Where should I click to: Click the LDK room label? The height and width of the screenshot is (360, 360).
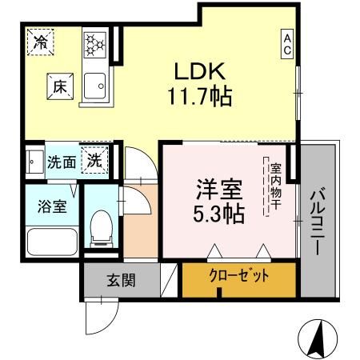tap(199, 70)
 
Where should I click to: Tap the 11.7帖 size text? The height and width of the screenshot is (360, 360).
tap(199, 97)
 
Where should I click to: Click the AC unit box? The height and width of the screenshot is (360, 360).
tap(285, 45)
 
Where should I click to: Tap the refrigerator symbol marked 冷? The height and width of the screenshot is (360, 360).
tap(38, 42)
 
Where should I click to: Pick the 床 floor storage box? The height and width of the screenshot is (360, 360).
tap(60, 86)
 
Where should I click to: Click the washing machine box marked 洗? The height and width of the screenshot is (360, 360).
tap(94, 159)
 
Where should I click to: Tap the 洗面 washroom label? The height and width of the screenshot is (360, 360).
tap(61, 162)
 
